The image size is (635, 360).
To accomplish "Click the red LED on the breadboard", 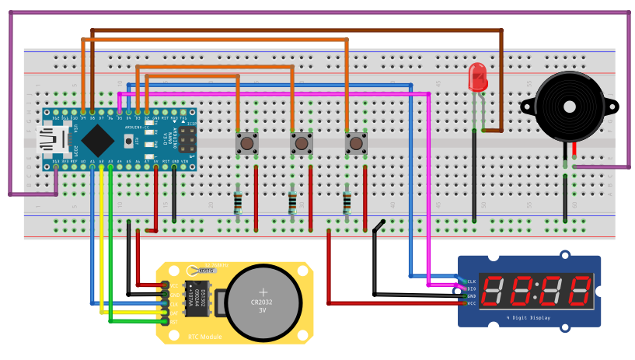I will pyautogui.click(x=477, y=76).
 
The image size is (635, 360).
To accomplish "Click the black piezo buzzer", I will pyautogui.click(x=569, y=110).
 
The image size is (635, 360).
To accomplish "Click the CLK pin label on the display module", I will pyautogui.click(x=471, y=281).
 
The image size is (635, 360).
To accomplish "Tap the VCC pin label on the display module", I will pyautogui.click(x=471, y=303).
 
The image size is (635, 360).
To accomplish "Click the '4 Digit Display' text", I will pyautogui.click(x=529, y=318).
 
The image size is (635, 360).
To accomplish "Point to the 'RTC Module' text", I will pyautogui.click(x=204, y=337).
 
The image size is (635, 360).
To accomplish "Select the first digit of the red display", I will pyautogui.click(x=494, y=292).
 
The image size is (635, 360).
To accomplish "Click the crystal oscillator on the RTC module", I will pyautogui.click(x=207, y=270).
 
